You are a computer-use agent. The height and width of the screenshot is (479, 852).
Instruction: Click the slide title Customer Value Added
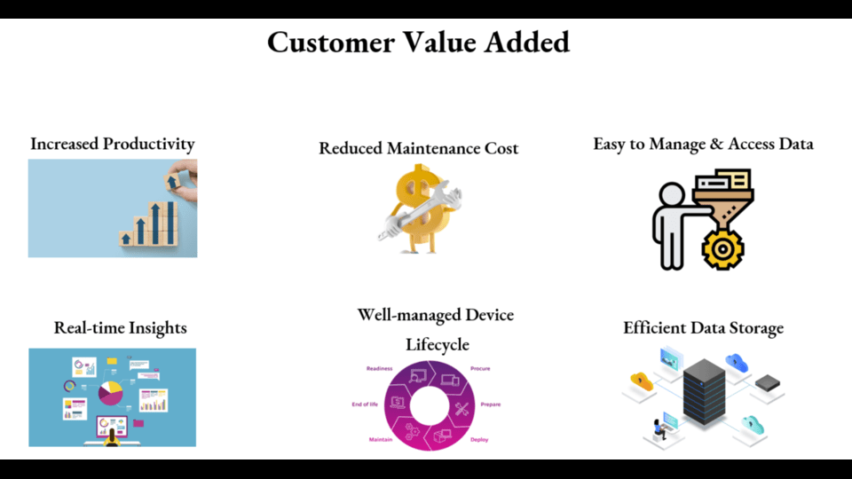[x=418, y=43]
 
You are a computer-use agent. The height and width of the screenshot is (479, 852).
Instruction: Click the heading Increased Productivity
[x=113, y=144]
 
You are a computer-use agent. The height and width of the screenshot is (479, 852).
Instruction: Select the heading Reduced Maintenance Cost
[x=418, y=148]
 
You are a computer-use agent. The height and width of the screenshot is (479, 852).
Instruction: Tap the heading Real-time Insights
[x=120, y=328]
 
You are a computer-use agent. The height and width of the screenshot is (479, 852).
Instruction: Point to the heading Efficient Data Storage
[x=703, y=328]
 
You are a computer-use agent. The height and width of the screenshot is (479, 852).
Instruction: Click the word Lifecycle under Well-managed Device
[x=438, y=344]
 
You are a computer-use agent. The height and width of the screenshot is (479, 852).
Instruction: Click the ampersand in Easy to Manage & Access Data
[x=717, y=144]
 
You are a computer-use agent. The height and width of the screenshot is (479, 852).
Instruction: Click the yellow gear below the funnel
[x=722, y=249]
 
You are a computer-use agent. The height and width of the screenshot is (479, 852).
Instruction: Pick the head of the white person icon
[x=672, y=194]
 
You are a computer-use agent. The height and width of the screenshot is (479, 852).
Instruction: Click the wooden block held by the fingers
[x=172, y=181]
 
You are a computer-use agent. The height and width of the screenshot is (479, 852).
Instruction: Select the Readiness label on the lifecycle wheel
[x=379, y=369]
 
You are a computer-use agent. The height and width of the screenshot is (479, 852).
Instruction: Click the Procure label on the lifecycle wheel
[x=480, y=369]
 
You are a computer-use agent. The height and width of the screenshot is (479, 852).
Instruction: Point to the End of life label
[x=365, y=404]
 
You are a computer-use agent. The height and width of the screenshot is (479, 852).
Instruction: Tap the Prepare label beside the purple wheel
[x=491, y=404]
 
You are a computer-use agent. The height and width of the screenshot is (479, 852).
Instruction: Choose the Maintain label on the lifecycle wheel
[x=381, y=439]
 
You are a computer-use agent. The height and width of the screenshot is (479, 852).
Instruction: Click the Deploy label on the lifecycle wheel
[x=479, y=440]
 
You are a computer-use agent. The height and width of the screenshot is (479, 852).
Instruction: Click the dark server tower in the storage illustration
[x=704, y=391]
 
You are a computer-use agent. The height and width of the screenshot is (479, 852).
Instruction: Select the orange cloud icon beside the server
[x=642, y=381]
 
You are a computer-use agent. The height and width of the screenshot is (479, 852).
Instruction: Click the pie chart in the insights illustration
[x=110, y=393]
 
